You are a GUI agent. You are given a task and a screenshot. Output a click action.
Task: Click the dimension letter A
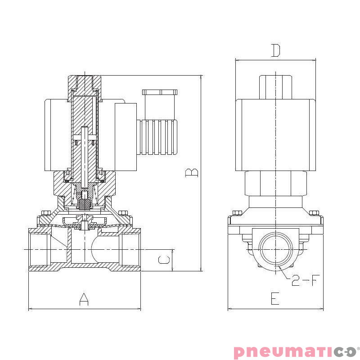coord(84,299)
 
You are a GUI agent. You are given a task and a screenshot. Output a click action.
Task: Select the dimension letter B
coord(192,173)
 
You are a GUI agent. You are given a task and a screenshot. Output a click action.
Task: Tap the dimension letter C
coord(165,260)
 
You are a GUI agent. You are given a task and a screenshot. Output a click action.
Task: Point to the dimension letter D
coord(275,51)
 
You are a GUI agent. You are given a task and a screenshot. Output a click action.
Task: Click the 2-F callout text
coord(305,281)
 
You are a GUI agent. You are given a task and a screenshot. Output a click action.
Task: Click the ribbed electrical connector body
coord(158,137)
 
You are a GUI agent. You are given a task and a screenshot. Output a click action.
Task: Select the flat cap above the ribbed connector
coord(160,92)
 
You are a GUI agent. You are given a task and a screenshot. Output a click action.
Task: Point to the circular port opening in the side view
coord(275,249)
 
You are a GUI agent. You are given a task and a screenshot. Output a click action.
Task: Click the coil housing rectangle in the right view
coord(275,135)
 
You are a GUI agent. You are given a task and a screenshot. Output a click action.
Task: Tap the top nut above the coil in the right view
coord(275,86)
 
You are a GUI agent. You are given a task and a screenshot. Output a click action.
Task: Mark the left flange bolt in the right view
coord(237,213)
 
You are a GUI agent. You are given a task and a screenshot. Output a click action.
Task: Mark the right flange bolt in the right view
coord(314,213)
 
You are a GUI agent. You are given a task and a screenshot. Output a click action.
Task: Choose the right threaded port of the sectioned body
coord(130,249)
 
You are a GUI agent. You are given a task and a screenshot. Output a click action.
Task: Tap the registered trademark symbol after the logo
coord(358,348)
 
